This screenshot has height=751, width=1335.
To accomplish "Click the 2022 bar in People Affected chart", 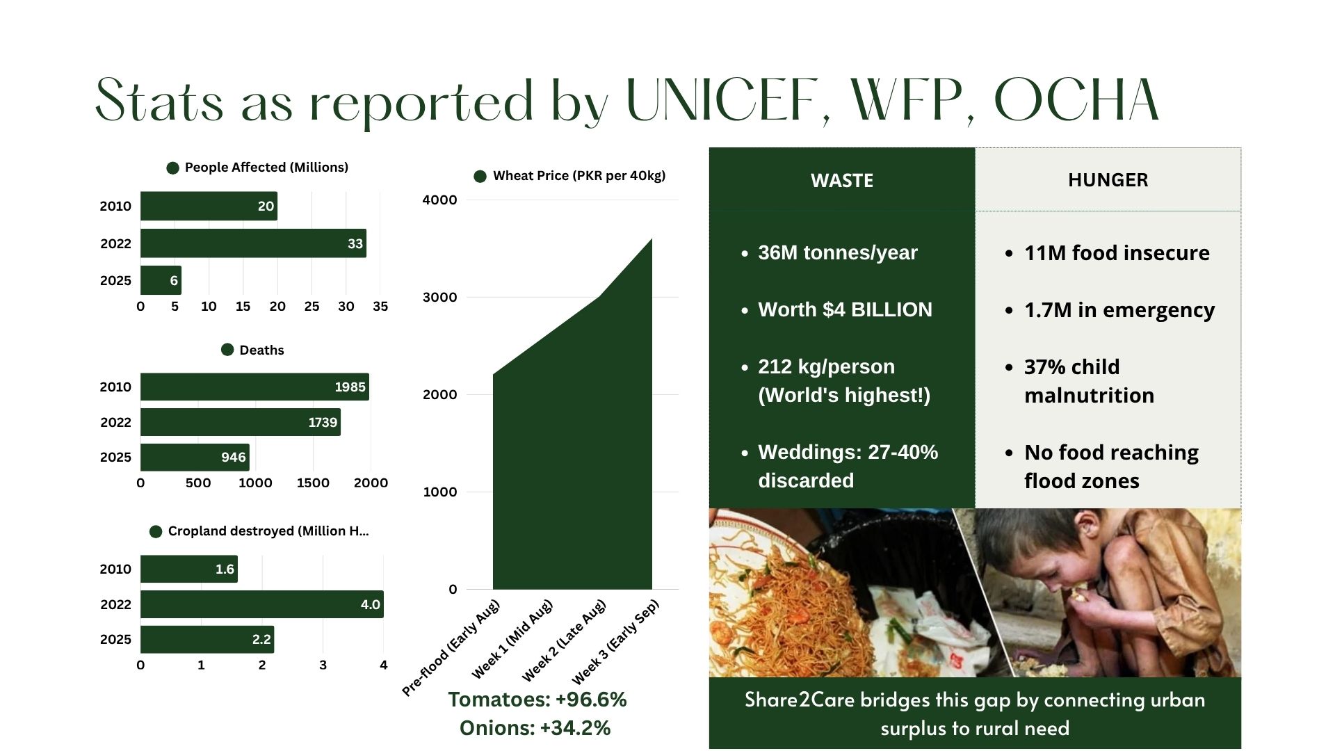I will (253, 243).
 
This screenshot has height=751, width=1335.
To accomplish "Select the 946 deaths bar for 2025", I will (195, 458).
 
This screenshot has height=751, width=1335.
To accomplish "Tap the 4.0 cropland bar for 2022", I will (261, 604).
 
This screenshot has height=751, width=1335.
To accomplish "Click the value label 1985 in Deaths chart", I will (350, 387).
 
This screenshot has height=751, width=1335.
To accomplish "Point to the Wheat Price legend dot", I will (480, 177).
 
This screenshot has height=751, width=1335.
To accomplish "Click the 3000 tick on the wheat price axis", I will (439, 298).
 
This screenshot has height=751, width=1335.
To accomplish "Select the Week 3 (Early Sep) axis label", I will (615, 641).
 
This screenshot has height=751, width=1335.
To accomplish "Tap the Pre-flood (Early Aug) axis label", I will (451, 648).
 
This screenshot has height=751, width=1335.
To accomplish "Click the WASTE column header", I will (841, 180).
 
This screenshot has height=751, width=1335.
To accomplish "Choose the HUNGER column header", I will (1108, 180).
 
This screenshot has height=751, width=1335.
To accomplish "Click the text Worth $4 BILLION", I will (845, 309).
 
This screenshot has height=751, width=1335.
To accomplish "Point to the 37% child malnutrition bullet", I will (1089, 380).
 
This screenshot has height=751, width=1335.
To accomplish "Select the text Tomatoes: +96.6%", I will (537, 700).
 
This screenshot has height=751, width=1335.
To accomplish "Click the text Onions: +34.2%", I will (535, 728).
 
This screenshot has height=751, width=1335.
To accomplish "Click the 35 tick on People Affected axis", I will (380, 307).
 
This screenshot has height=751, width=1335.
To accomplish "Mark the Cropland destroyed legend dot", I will (156, 532).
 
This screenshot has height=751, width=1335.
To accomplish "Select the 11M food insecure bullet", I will (1116, 253).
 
